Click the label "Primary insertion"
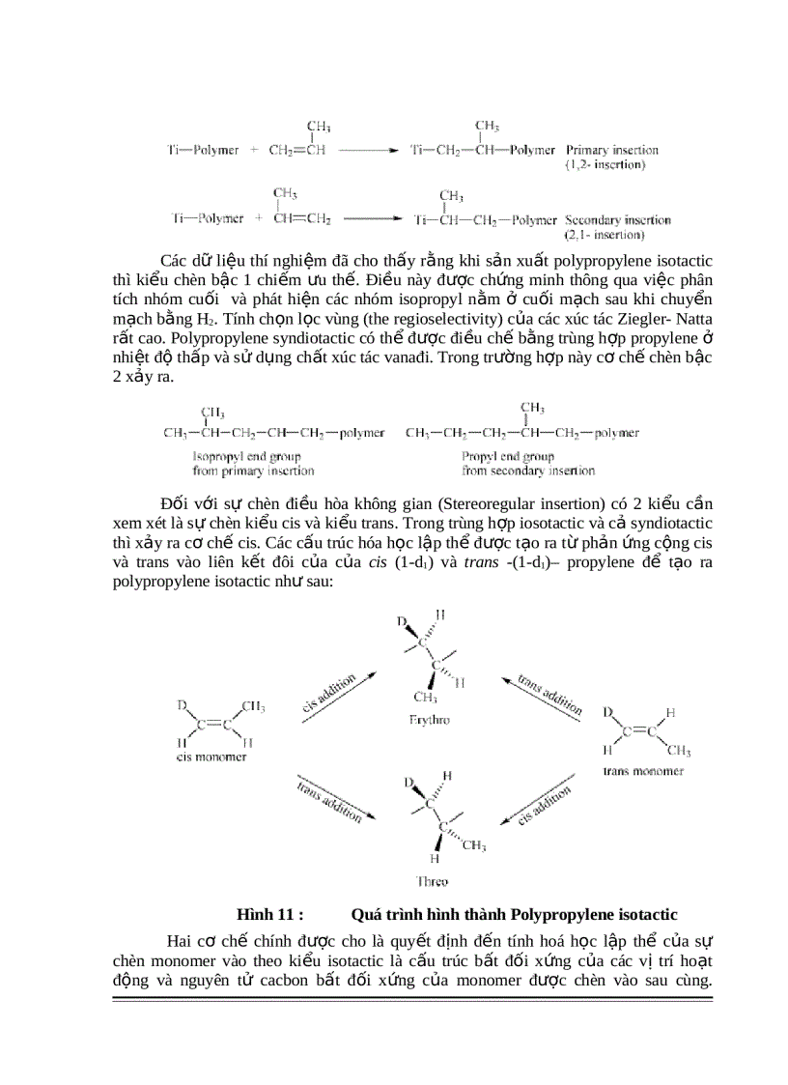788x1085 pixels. pos(612,150)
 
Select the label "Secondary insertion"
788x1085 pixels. pos(618,219)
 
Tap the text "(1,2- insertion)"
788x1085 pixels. pos(605,164)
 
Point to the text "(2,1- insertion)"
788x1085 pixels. pos(605,234)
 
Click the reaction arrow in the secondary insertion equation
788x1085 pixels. pos(371,219)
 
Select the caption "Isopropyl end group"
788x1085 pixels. pos(246,456)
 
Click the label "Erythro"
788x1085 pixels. pos(430,720)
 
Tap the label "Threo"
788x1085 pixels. pos(432,881)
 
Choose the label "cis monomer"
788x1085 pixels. pos(211,757)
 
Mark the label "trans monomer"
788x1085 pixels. pos(643,771)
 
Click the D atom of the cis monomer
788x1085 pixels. pos(181,706)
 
